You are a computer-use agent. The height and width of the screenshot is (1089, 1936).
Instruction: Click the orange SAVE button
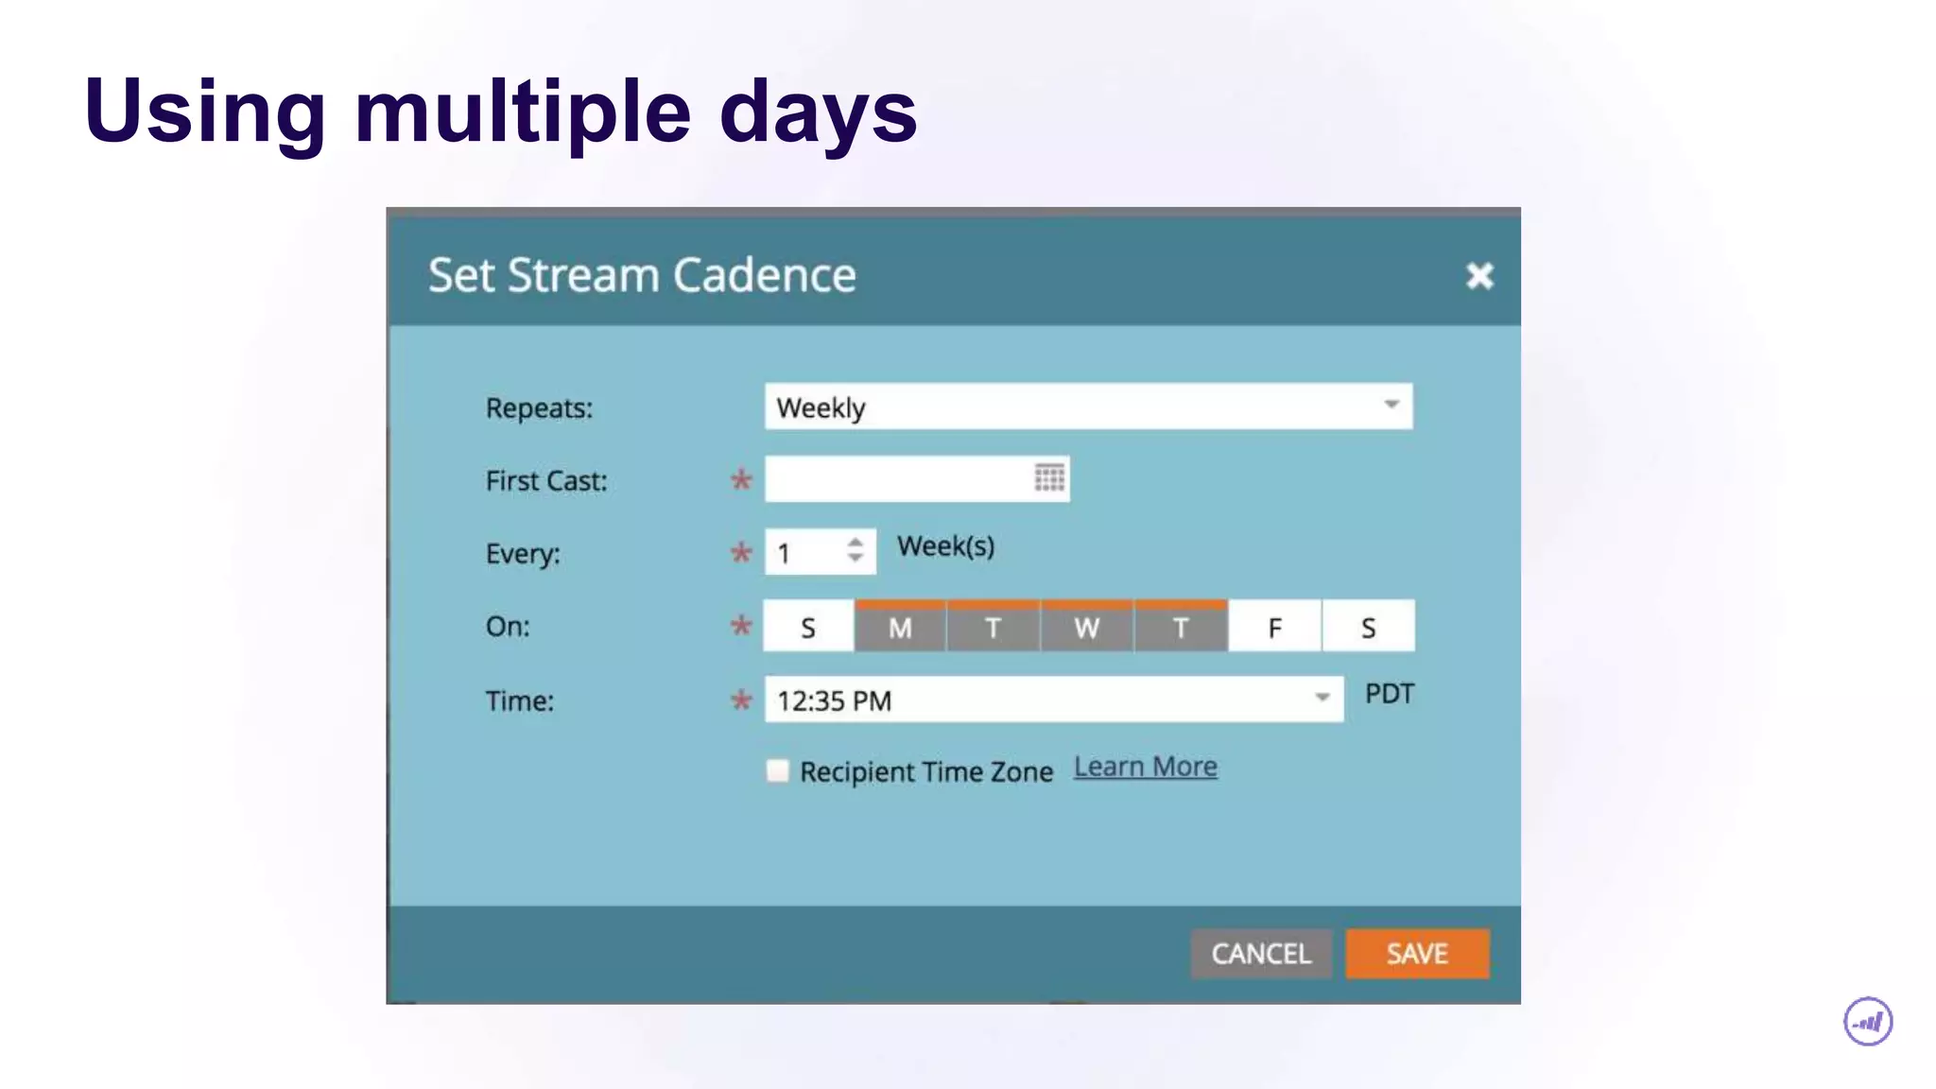[1416, 953]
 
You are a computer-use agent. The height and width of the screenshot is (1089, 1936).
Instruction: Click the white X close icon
[1479, 276]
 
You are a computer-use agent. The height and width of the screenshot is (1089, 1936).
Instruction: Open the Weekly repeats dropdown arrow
[1391, 406]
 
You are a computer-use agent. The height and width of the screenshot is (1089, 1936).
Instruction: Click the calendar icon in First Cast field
[1048, 478]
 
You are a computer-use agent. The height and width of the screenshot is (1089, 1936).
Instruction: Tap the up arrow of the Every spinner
[856, 543]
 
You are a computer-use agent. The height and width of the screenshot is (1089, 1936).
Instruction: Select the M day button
[900, 627]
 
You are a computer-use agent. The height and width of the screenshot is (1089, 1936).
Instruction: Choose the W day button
[1086, 627]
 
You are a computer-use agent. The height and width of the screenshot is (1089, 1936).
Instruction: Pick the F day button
[1274, 627]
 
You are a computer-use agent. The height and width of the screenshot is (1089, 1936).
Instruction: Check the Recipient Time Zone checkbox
[777, 771]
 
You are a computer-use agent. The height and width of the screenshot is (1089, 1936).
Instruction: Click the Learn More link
[1145, 767]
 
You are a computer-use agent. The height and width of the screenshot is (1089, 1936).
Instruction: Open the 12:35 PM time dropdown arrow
[1322, 699]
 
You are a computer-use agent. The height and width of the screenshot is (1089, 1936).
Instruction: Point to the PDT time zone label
[1389, 694]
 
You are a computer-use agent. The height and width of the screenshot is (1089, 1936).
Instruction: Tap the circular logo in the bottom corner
[1867, 1022]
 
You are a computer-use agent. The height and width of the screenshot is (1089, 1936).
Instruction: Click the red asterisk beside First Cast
[741, 480]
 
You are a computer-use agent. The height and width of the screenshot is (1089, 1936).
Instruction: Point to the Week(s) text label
[945, 546]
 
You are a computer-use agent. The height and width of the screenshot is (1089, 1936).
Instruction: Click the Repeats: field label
[539, 408]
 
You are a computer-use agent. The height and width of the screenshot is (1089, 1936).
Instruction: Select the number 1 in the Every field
[784, 554]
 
